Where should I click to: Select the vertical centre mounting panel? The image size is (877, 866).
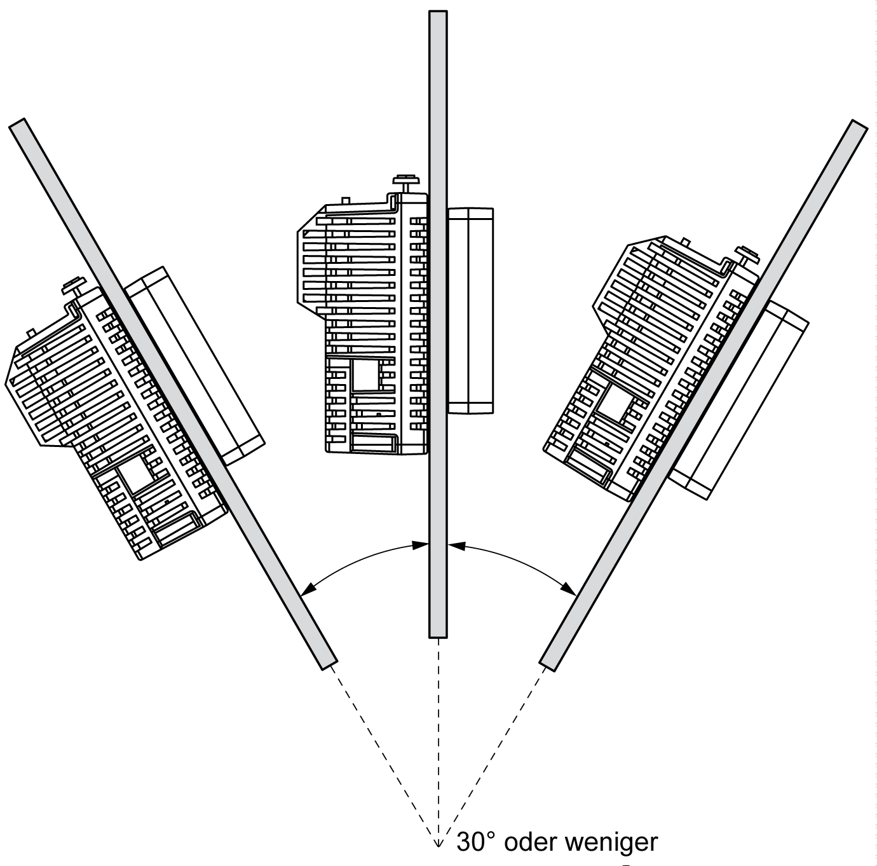[438, 318]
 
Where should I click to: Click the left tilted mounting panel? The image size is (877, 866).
[172, 391]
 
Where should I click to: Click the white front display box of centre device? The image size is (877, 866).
[470, 310]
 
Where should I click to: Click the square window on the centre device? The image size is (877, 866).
[365, 375]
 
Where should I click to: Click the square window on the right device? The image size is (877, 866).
[613, 404]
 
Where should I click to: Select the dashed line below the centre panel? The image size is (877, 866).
[438, 731]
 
